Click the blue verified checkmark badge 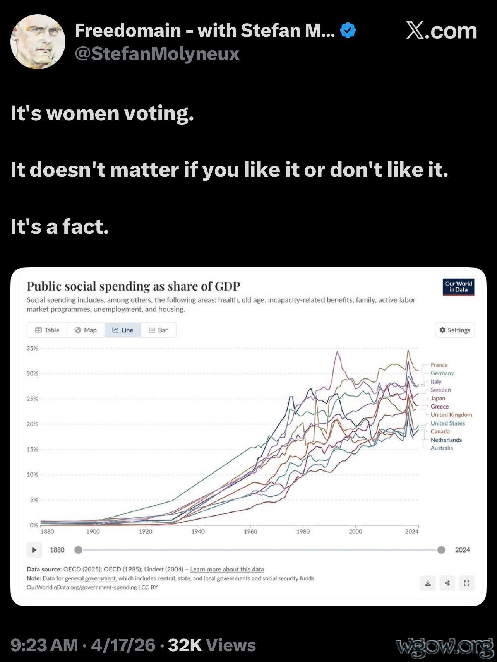tap(348, 31)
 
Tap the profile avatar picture tap(38, 42)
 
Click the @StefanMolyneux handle tap(157, 54)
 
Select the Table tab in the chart tap(47, 330)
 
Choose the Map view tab tap(86, 330)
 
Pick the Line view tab tap(123, 330)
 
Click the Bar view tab tap(158, 330)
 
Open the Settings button tap(455, 330)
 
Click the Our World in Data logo tap(458, 287)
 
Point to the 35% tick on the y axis tap(33, 348)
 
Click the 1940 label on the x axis tap(198, 532)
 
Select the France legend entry tap(439, 365)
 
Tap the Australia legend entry tap(442, 448)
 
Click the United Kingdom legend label tap(451, 415)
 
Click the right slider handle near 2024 tap(441, 550)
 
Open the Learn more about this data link tap(227, 570)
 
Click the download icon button tap(428, 583)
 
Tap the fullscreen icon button tap(466, 583)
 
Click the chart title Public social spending tap(133, 286)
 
